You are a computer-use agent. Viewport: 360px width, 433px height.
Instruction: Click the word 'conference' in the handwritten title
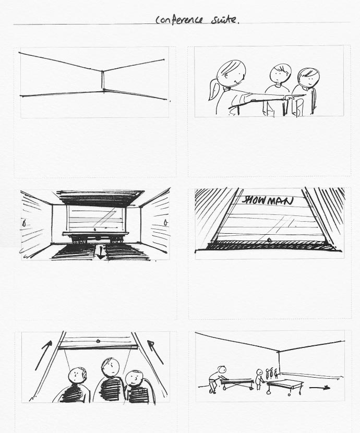coord(179,20)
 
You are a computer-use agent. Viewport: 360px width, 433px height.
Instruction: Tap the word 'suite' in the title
coord(224,20)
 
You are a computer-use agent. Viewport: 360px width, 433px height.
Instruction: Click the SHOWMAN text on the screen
coord(267,200)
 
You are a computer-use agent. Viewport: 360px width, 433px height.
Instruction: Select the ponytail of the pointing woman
coord(214,90)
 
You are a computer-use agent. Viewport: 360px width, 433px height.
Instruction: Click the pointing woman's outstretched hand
coord(291,97)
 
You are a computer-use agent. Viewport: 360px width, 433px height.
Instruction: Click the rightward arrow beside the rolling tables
coord(319,388)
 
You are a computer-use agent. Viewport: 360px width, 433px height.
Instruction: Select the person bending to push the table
coord(217,379)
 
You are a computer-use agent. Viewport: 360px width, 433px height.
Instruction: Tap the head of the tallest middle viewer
coord(111,367)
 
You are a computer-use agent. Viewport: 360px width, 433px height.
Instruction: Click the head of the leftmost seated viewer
coord(78,375)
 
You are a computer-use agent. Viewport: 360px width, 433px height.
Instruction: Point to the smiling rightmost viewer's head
coord(135,379)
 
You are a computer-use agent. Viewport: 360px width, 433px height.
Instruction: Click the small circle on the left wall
coord(24,223)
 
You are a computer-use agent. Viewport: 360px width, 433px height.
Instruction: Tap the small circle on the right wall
coord(165,222)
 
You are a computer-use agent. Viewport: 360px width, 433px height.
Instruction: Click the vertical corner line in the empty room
coord(102,80)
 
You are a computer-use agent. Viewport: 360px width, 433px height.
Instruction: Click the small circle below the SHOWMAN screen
coord(269,239)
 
